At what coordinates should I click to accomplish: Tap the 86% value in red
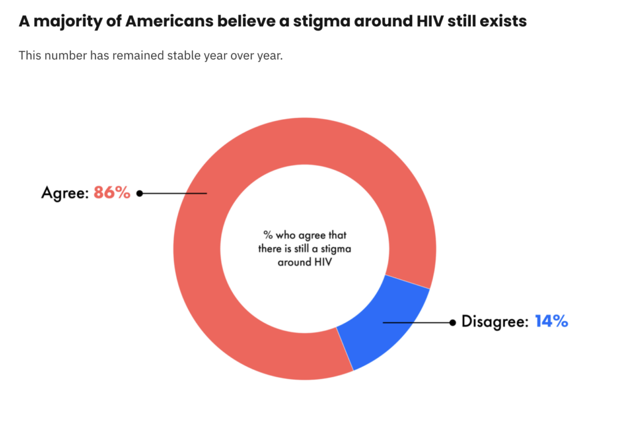point(112,193)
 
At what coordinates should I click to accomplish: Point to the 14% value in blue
point(551,322)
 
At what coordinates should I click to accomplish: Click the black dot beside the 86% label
point(140,193)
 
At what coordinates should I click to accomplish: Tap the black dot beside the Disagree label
point(452,322)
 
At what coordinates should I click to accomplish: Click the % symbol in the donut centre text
point(268,235)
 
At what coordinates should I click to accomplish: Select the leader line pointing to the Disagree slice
point(416,322)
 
